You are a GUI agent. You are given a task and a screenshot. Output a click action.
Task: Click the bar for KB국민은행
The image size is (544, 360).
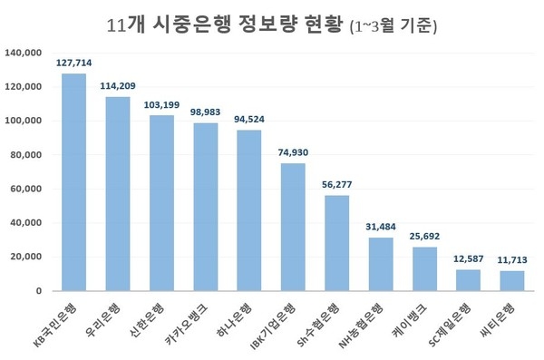73,181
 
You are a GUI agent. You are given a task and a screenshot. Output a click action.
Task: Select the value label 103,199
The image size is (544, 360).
162,105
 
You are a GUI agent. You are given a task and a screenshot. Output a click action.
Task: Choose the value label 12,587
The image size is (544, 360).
468,260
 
